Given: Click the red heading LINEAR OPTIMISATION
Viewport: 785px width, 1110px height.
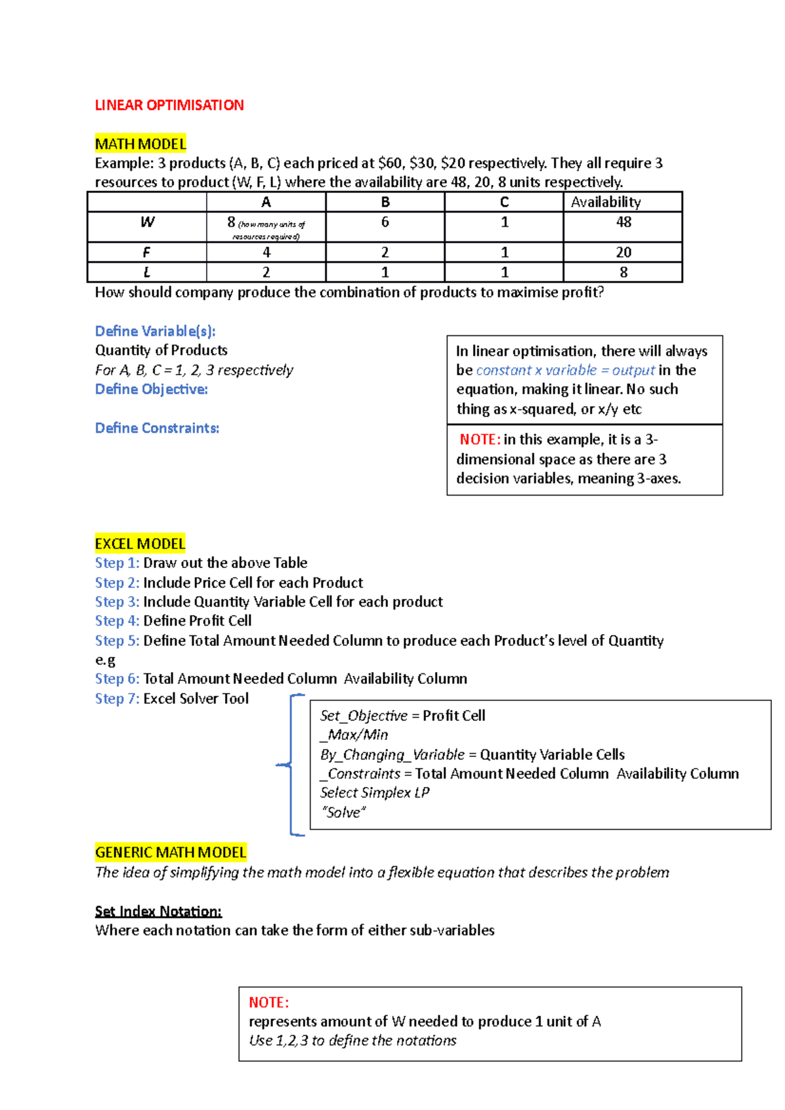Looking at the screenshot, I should tap(169, 105).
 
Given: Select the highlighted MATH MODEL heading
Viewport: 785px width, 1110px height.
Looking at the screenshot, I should tap(140, 144).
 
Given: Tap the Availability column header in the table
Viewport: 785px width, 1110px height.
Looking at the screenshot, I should tap(605, 202).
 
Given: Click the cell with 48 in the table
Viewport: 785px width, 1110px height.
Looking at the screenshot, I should tap(623, 222).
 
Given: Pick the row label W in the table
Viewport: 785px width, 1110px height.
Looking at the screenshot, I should tap(147, 222).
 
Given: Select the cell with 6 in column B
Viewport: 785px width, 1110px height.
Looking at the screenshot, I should tap(385, 222).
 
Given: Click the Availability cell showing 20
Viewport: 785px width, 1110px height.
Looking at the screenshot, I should tap(623, 252).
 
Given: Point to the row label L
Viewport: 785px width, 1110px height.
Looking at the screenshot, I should tap(147, 272).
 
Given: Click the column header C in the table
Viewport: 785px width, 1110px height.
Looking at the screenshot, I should tap(504, 202).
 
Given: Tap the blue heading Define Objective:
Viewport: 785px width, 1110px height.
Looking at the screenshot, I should tap(151, 389).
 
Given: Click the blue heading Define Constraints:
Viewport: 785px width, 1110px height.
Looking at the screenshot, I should tap(157, 428).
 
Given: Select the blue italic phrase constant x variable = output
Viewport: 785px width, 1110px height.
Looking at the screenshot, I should tap(565, 370).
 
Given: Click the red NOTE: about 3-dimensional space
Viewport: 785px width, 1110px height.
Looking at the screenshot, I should tap(480, 439).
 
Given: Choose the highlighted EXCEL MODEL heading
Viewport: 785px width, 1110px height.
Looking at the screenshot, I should tap(140, 544).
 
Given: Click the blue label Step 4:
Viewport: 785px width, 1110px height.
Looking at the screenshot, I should tap(117, 621).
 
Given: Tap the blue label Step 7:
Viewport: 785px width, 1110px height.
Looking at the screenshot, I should tap(117, 699).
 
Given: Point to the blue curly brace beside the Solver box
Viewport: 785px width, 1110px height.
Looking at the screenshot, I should tap(290, 764).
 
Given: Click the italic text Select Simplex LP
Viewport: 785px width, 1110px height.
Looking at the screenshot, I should tap(374, 793).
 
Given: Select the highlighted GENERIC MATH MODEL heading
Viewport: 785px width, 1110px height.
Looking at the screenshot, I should tap(170, 852).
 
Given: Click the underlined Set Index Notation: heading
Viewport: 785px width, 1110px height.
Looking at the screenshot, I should tap(158, 911).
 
